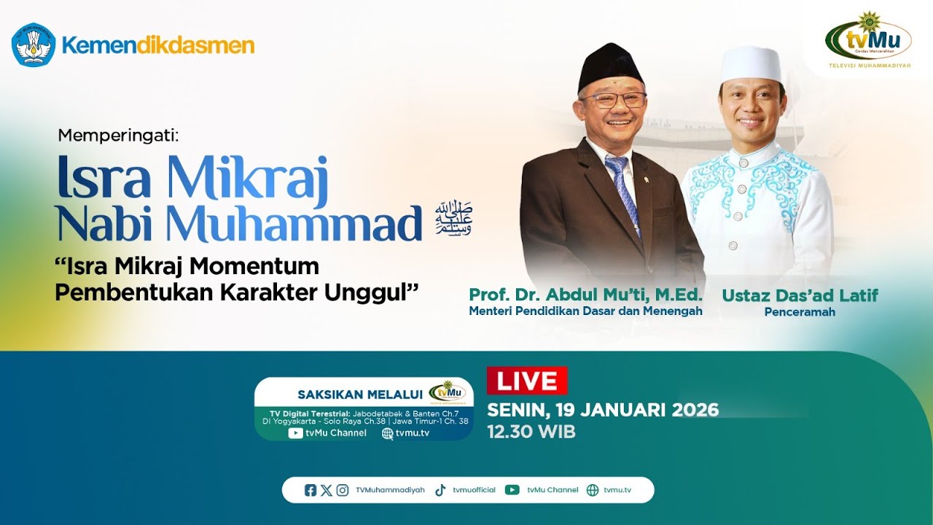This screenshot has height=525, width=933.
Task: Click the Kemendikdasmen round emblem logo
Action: coord(34,45)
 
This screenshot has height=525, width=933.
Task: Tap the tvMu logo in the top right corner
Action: coord(867,41)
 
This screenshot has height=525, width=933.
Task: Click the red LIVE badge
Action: coord(527,381)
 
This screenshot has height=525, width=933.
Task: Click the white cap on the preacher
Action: coord(751,66)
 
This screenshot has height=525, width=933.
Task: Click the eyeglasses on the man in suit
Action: coord(613,101)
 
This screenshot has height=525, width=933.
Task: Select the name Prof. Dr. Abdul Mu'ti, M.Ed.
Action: coord(585,295)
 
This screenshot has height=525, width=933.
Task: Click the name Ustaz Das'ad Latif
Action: coord(800,295)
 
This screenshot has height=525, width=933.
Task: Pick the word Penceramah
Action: coord(800,312)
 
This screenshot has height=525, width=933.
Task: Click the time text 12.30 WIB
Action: coord(531,432)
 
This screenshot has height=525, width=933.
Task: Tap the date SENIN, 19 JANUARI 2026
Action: coord(603,410)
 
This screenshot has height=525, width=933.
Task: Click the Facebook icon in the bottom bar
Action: coord(311,490)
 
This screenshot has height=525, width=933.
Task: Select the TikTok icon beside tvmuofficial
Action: coord(440,490)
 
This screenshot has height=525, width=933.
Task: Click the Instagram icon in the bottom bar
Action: coord(342,490)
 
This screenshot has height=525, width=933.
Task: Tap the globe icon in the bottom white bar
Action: coord(593,490)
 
